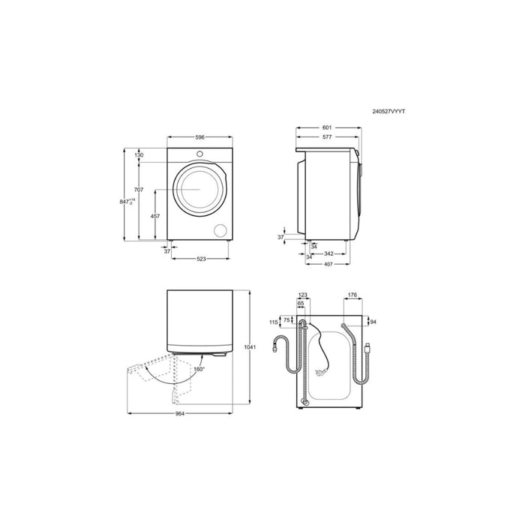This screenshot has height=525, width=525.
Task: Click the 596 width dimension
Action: [199, 137]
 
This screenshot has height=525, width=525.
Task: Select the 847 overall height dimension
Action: [131, 201]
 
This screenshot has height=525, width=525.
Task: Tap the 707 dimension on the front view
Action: [139, 189]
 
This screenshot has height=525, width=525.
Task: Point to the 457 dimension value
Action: [155, 216]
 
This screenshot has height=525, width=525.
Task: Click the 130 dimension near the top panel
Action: [139, 155]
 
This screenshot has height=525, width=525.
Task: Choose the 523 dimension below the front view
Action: [201, 259]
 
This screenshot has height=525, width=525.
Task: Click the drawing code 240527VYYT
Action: [388, 111]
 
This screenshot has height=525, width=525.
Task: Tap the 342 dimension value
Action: [328, 253]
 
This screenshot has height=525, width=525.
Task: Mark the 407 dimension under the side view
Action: [328, 263]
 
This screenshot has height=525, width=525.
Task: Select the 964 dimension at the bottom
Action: [180, 414]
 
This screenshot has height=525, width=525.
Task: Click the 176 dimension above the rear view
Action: [351, 295]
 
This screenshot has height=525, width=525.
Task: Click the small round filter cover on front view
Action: [221, 230]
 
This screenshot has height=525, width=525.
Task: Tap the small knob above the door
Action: [200, 154]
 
